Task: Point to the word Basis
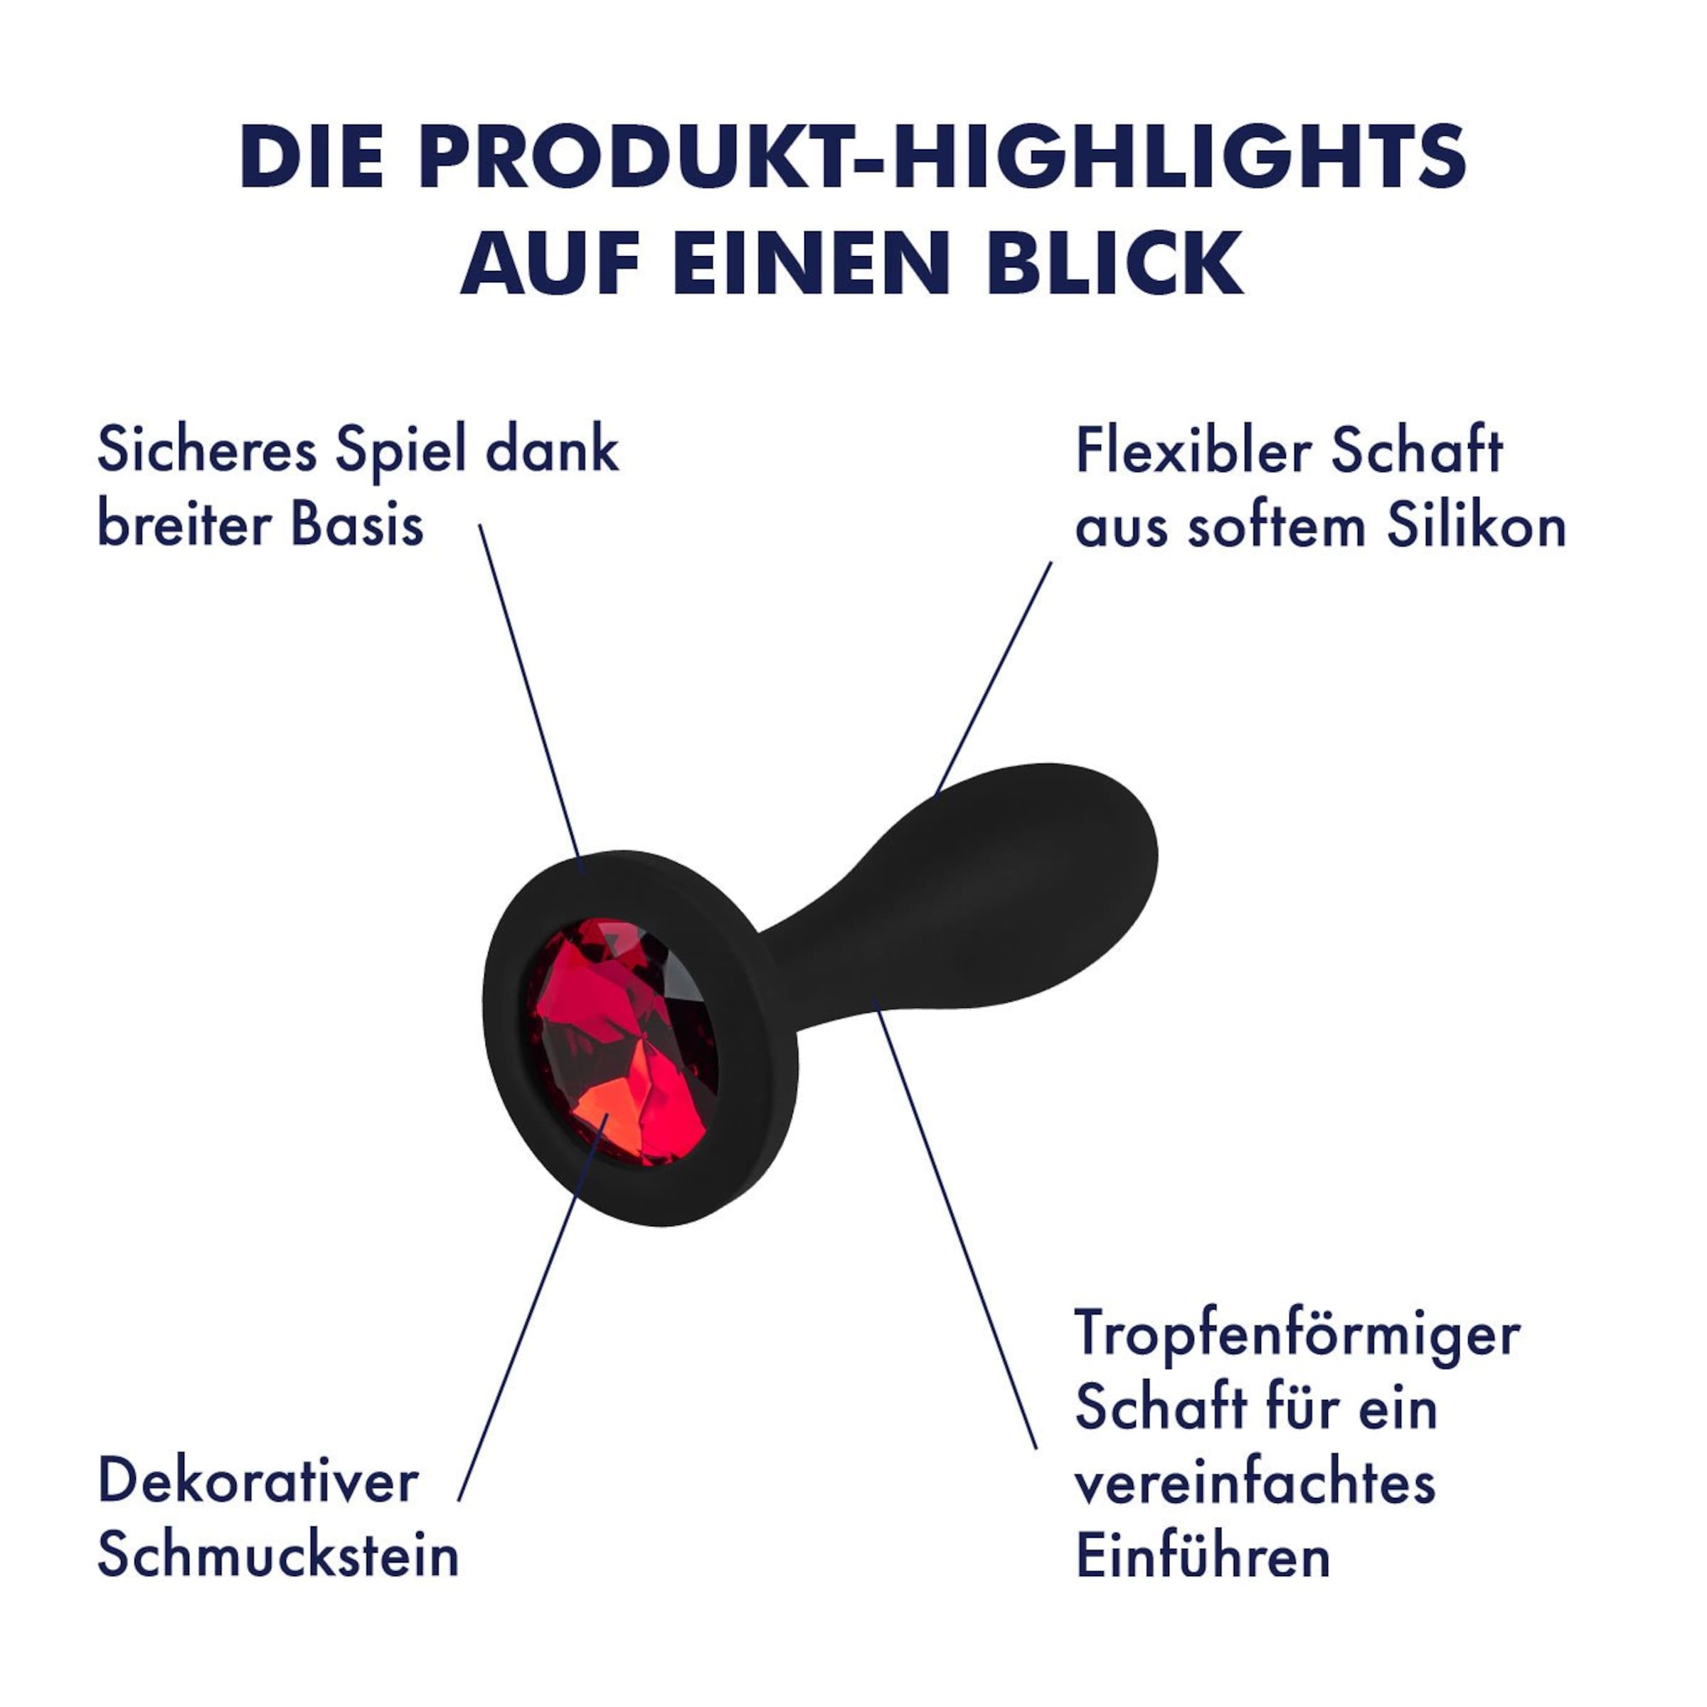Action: coord(357,525)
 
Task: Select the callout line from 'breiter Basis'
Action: coord(531,699)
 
